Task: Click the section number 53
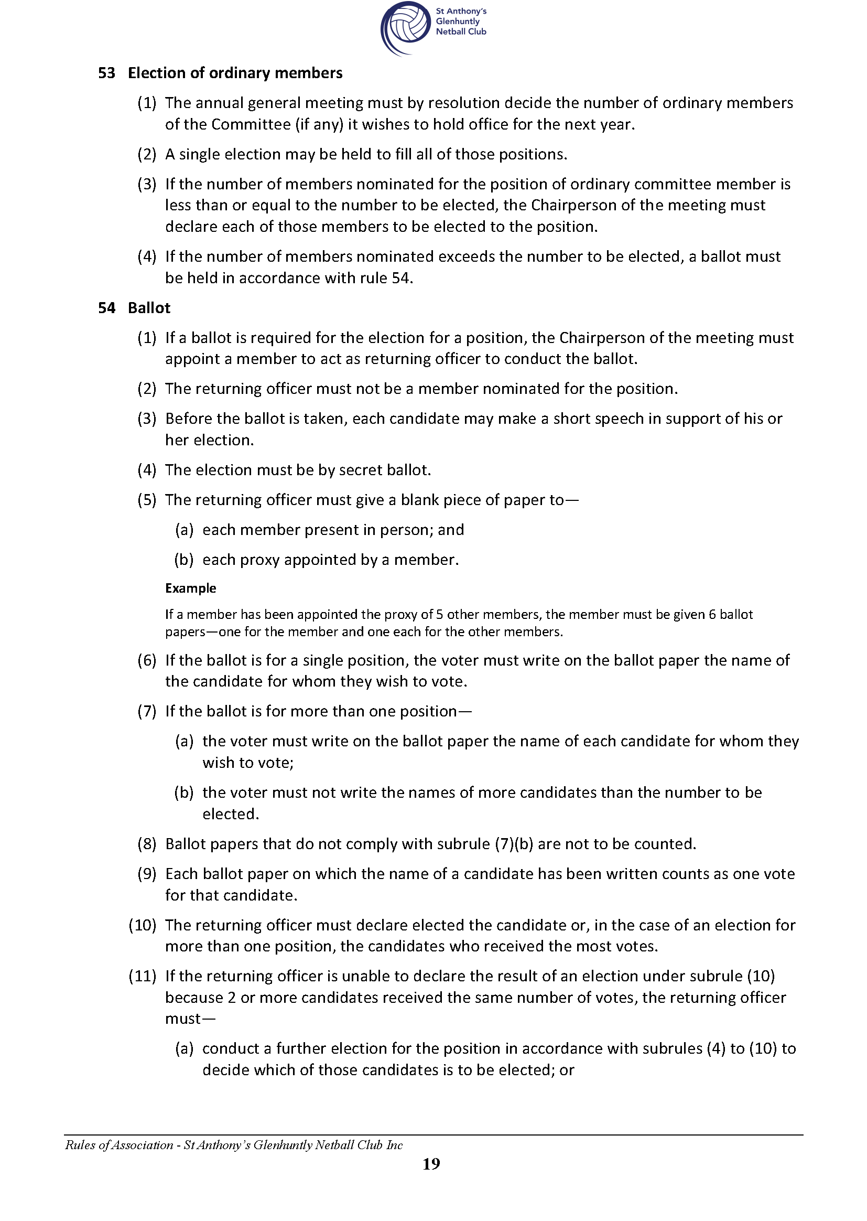106,73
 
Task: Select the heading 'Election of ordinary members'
235,73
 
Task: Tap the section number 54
106,308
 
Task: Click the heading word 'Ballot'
149,308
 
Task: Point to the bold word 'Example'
191,588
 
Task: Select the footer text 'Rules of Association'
119,1144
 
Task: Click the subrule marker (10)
143,925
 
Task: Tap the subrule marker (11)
143,976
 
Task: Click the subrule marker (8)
147,844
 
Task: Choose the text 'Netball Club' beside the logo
461,31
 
